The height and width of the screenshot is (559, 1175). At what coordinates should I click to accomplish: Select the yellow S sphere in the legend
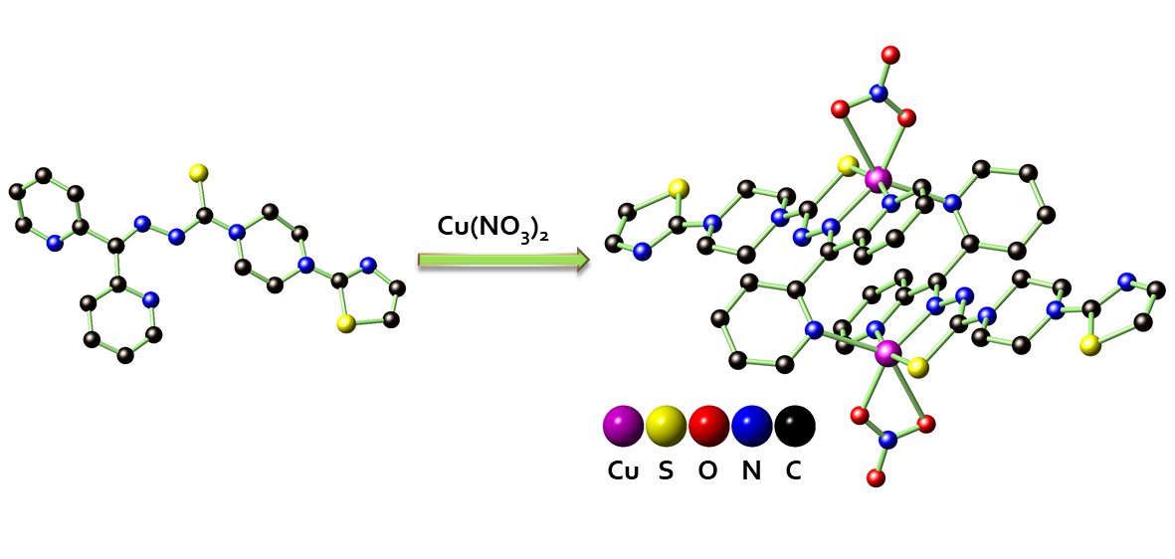pyautogui.click(x=667, y=426)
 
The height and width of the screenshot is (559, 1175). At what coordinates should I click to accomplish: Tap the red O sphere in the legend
pyautogui.click(x=708, y=426)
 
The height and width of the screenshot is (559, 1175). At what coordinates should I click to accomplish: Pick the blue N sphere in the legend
pyautogui.click(x=752, y=426)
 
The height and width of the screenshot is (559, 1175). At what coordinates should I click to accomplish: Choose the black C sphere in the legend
pyautogui.click(x=794, y=426)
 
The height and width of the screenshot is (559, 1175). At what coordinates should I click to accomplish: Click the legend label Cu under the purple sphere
pyautogui.click(x=624, y=471)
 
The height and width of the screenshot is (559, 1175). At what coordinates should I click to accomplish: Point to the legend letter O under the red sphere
pyautogui.click(x=707, y=471)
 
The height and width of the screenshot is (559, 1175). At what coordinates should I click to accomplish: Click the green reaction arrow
pyautogui.click(x=502, y=261)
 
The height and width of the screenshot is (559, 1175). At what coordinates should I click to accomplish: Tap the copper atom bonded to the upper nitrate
pyautogui.click(x=878, y=180)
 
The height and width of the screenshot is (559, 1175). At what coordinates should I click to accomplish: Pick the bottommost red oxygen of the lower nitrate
pyautogui.click(x=876, y=478)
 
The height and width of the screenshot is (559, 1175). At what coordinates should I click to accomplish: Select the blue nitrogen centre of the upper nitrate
pyautogui.click(x=878, y=93)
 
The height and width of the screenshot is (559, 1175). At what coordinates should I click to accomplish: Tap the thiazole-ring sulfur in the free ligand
pyautogui.click(x=346, y=323)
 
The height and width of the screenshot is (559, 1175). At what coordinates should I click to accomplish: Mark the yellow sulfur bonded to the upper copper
pyautogui.click(x=848, y=165)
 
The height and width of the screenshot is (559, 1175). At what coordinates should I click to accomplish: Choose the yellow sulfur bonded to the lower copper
pyautogui.click(x=918, y=367)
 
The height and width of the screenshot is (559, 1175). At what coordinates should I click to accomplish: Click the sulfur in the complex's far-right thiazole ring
pyautogui.click(x=1091, y=344)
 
